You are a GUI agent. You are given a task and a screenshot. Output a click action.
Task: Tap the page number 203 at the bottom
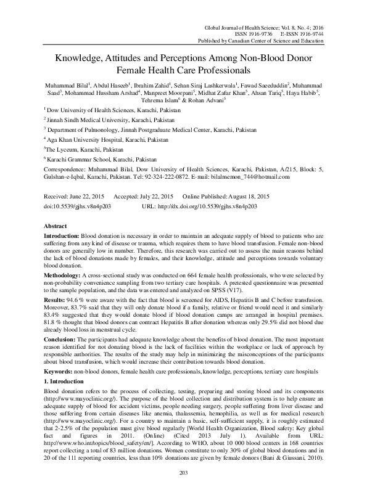pyautogui.click(x=183, y=489)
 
